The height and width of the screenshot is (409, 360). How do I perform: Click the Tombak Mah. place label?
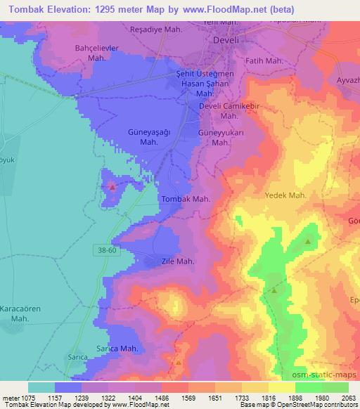[186, 200]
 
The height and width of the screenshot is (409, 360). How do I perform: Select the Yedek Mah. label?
[285, 195]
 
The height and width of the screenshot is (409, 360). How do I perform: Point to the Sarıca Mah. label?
[116, 349]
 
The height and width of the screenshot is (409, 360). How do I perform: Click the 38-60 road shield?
[107, 249]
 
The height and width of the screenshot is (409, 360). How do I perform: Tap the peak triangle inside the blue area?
[112, 187]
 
